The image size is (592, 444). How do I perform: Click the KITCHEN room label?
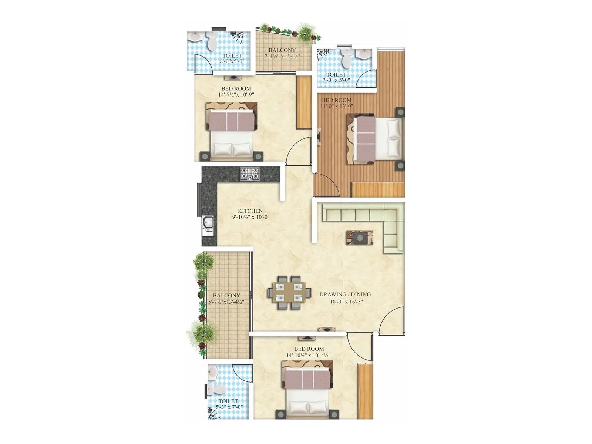250,211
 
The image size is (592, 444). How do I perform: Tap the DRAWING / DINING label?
345,295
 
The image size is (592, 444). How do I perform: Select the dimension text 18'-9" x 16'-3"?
346,302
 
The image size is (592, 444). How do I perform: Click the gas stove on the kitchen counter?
250,174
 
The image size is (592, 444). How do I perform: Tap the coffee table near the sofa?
359,237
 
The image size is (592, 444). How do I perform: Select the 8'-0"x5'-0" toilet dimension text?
232,61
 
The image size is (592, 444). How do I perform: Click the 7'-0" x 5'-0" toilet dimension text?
336,80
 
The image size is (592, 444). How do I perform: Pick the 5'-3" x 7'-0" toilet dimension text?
229,407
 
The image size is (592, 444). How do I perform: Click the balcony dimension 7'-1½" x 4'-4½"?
282,57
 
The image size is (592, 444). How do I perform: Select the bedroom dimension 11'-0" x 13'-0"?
337,106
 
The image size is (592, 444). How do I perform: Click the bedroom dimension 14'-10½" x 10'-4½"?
309,355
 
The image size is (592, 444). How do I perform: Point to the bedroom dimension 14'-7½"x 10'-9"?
236,95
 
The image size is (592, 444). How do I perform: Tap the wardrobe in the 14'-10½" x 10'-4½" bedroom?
365,391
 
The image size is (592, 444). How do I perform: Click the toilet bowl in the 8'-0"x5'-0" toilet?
212,41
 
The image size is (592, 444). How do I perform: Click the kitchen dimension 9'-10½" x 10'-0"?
250,217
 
